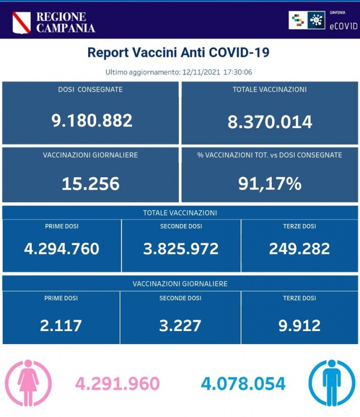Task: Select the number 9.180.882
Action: (92, 120)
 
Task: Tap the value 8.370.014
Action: (270, 122)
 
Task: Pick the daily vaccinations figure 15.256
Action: (90, 183)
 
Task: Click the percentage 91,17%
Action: (270, 183)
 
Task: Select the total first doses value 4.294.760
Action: (62, 249)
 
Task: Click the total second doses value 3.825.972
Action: (181, 249)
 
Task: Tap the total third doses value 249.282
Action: (299, 249)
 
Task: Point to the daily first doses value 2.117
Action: (61, 325)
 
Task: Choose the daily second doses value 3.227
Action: (181, 325)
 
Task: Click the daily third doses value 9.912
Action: (299, 325)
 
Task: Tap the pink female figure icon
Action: (28, 383)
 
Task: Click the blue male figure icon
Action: (332, 383)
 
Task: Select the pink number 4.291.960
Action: (117, 384)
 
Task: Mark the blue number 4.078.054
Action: (243, 384)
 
